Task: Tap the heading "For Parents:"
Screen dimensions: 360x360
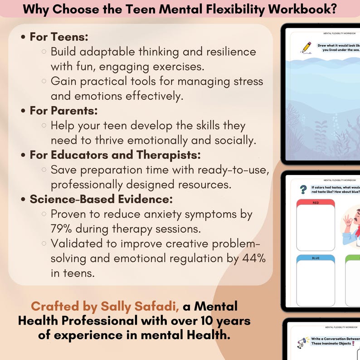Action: click(63, 110)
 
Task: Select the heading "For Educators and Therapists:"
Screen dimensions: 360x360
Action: click(115, 155)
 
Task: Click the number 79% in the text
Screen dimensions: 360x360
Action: click(63, 229)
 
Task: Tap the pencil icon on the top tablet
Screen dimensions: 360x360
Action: click(306, 47)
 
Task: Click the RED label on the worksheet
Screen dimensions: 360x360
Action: click(316, 202)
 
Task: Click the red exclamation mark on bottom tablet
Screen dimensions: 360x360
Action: click(352, 343)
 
